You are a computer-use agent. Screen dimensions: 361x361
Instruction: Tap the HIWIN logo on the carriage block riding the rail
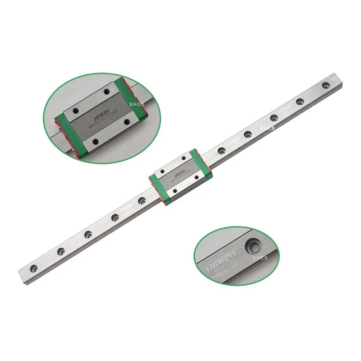point(179,174)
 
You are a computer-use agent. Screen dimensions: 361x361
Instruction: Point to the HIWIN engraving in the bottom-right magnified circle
point(221,260)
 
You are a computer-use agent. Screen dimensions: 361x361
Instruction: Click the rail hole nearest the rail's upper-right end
point(325,85)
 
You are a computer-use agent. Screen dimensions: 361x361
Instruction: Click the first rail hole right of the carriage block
point(221,151)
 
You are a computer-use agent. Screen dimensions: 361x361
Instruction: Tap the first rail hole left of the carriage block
point(142,200)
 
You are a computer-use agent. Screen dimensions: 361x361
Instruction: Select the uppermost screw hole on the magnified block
point(107,92)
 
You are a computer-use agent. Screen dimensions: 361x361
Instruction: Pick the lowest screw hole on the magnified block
point(95,142)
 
